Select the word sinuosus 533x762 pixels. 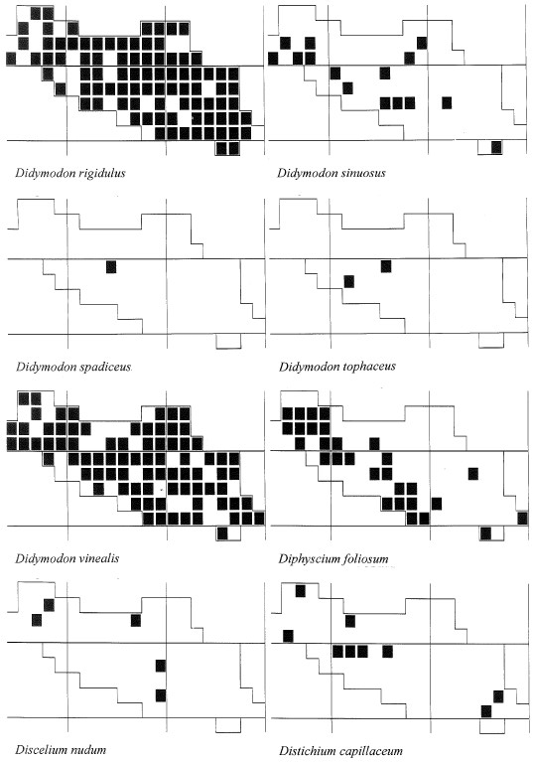(360, 173)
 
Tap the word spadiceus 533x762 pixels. (105, 367)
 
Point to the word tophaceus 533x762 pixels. (368, 366)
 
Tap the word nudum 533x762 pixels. (89, 749)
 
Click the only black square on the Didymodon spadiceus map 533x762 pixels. (111, 267)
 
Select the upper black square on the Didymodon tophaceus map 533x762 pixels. (386, 266)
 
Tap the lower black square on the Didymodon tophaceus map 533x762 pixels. (349, 281)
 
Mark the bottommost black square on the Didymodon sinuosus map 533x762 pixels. (496, 147)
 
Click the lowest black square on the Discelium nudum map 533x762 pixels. (161, 695)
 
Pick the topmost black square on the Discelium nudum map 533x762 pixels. (49, 605)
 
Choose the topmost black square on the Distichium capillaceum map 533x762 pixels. (301, 591)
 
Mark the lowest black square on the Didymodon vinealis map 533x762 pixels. (222, 533)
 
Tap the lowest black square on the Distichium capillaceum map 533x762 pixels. (486, 711)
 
